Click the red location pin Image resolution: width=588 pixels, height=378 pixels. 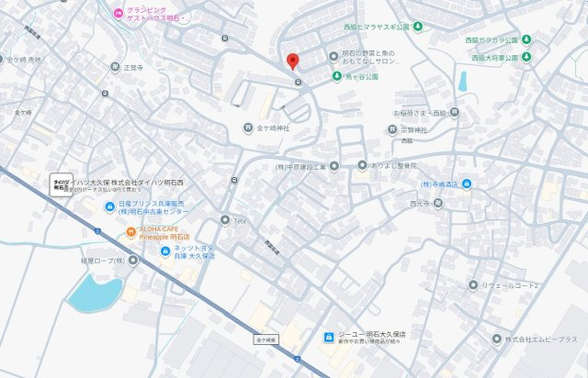[293, 61]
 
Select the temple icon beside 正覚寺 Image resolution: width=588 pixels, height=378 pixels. [116, 67]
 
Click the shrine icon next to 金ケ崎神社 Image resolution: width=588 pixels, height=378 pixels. [247, 128]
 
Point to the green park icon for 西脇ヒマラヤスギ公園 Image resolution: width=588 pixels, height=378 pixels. [418, 26]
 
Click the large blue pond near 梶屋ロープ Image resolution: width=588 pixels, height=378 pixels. [94, 294]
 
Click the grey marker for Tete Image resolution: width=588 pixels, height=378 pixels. [225, 219]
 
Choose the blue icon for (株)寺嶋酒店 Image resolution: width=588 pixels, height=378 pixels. [467, 184]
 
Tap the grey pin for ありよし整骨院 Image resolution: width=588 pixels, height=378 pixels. [334, 166]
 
